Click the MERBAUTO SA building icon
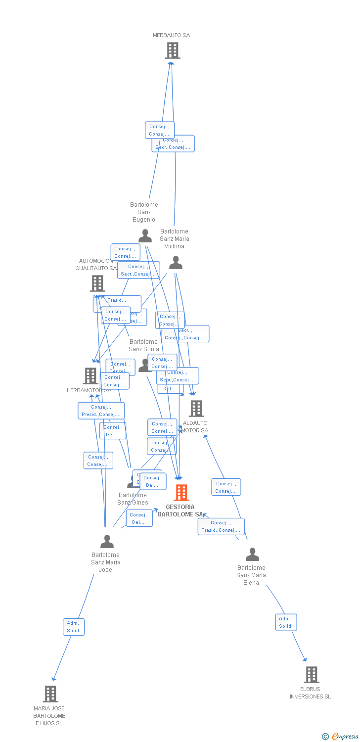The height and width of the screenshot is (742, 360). pos(172,50)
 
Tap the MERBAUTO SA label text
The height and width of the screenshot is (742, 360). pos(171,35)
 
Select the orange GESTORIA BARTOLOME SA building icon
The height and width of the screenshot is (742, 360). pos(181,493)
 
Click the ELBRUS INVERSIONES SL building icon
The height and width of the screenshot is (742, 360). pos(311,675)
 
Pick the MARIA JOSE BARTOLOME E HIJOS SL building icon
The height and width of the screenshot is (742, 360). pos(50,694)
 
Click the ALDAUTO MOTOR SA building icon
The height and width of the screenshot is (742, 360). pos(196,409)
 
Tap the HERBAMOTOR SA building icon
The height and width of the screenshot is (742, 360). pos(90,376)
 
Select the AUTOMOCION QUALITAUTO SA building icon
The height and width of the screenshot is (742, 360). pos(97,283)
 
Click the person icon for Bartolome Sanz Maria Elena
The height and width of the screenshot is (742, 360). pos(252,555)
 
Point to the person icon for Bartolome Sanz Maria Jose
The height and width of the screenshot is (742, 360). pos(107,542)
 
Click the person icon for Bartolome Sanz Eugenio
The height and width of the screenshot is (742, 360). pos(145,236)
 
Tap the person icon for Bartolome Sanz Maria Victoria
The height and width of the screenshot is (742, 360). pos(176,263)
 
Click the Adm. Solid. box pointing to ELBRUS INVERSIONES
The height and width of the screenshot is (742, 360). pos(286,622)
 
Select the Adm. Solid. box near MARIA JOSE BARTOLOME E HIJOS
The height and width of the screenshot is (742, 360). pos(74,627)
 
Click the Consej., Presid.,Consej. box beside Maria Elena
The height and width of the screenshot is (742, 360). pos(221,526)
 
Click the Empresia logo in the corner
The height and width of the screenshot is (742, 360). pos(341,737)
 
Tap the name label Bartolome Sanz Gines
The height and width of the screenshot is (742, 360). pos(133,499)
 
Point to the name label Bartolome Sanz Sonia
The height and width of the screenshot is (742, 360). pos(144,345)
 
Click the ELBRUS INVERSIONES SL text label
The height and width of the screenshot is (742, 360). pos(310,693)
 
